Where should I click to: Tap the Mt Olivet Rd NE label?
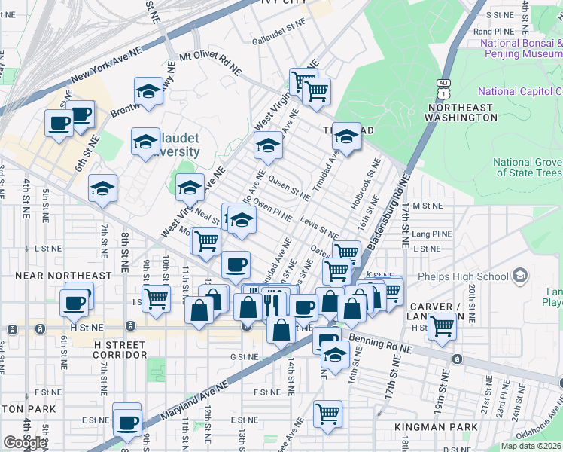[211, 63]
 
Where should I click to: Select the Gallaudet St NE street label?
[280, 41]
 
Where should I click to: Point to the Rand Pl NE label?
[494, 32]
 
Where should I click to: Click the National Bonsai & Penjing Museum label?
[521, 49]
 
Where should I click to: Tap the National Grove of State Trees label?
[528, 167]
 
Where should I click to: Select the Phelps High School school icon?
[520, 276]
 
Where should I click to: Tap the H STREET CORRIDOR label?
[120, 349]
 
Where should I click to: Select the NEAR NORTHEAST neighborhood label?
[62, 276]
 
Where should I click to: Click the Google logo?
[25, 443]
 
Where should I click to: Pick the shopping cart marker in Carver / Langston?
[442, 326]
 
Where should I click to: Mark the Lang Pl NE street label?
[432, 234]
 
